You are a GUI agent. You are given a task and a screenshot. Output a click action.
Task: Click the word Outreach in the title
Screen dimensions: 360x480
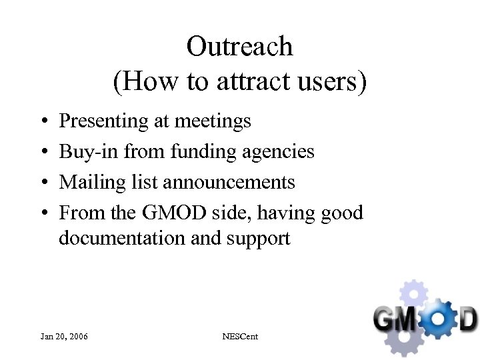(x=239, y=47)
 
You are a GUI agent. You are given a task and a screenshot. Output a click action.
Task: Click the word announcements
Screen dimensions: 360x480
(x=229, y=183)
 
